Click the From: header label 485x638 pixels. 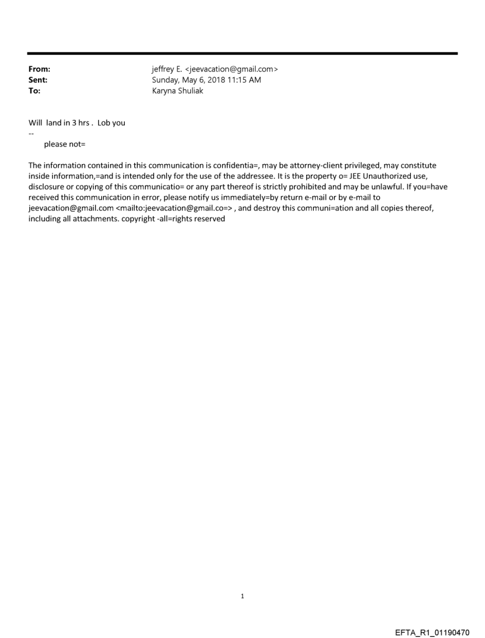[x=39, y=69]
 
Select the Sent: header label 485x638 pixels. [x=38, y=80]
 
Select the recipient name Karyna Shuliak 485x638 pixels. [x=178, y=91]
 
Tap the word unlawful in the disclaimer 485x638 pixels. [x=383, y=187]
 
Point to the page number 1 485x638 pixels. [x=242, y=596]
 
